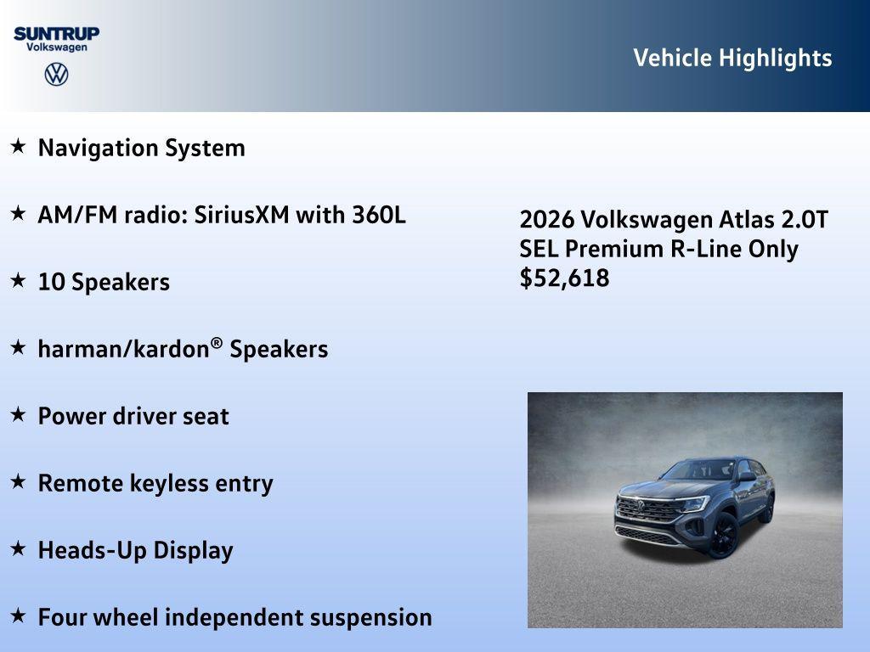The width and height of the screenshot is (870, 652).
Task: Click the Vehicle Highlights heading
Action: [732, 58]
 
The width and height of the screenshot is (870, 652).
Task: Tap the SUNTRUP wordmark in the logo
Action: [56, 33]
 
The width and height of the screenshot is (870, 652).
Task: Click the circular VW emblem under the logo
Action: [56, 74]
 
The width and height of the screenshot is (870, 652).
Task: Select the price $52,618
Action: [564, 278]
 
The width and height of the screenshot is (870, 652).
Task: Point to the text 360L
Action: [379, 215]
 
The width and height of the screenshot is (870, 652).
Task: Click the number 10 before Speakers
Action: [51, 282]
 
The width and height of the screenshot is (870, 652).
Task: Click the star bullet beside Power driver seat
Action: [18, 414]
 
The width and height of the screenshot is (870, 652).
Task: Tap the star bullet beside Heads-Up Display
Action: [18, 548]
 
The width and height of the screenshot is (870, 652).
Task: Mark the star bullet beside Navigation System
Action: [18, 146]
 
